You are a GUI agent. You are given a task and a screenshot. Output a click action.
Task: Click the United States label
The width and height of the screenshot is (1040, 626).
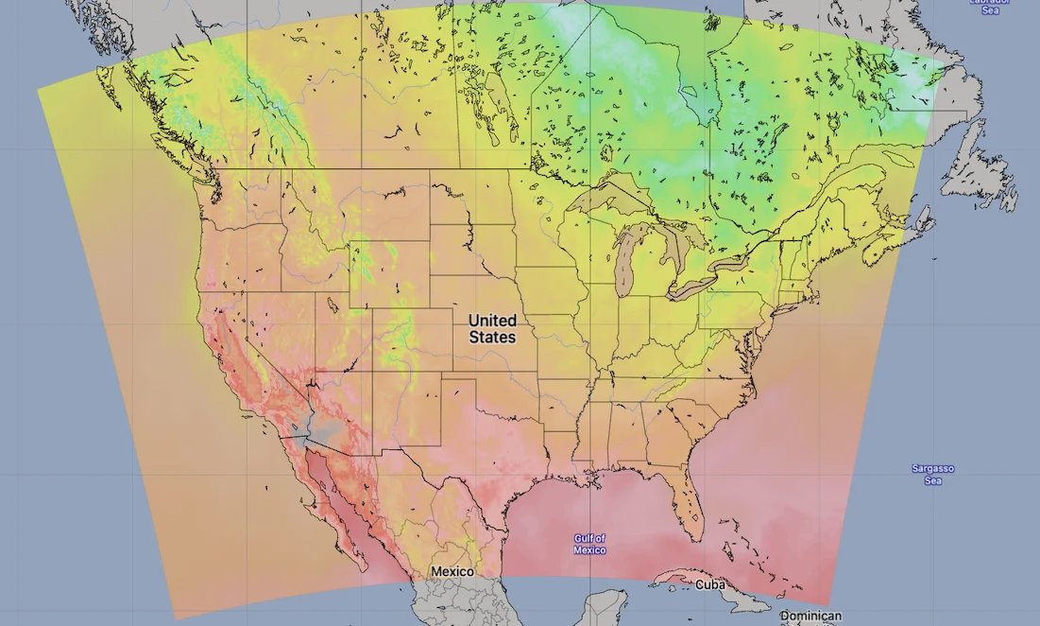(492, 329)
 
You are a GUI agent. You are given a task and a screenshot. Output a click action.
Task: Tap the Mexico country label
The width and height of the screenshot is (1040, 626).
(452, 572)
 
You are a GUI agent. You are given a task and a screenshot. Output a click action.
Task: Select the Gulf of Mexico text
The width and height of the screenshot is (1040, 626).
(589, 544)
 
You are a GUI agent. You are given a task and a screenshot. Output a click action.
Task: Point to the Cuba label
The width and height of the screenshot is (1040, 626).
(709, 584)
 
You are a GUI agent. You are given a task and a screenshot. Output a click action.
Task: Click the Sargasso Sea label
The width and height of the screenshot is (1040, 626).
(932, 474)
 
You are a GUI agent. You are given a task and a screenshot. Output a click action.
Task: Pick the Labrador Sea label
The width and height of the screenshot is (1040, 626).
(990, 5)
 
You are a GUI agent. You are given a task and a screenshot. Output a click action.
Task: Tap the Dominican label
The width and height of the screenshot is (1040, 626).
(810, 616)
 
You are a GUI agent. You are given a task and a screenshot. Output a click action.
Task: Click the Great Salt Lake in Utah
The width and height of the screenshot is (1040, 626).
(332, 304)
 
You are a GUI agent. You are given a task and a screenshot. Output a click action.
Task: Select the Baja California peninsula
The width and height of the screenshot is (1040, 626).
(331, 506)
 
